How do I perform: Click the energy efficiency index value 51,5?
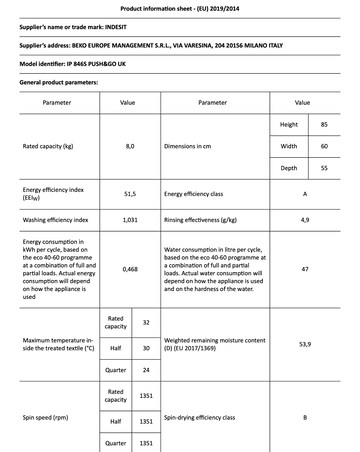129,193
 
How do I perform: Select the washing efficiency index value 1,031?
129,217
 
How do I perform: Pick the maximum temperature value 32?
146,322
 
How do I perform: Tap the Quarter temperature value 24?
146,370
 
